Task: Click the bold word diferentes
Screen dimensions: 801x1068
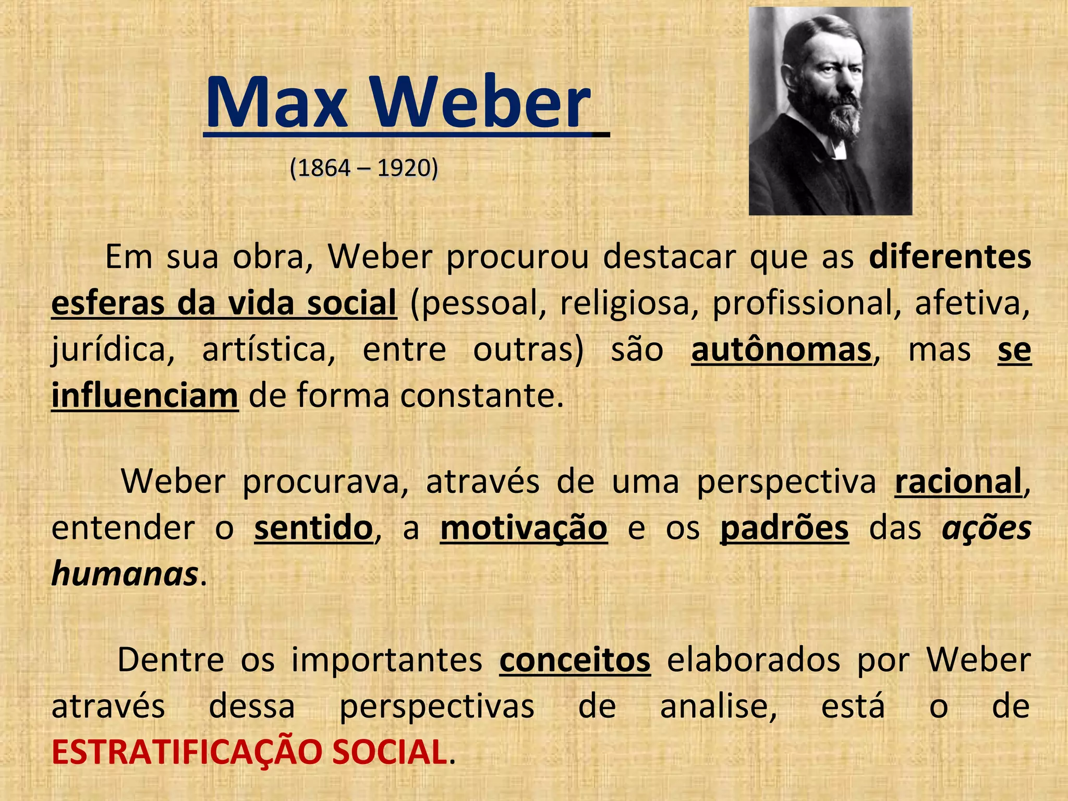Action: click(x=950, y=257)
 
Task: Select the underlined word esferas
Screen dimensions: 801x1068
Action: click(x=107, y=303)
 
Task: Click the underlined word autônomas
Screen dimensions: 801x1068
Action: click(x=781, y=349)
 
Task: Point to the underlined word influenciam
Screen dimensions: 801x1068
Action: click(x=144, y=395)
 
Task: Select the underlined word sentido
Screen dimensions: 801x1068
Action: click(x=313, y=528)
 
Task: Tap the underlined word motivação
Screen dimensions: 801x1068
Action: click(x=524, y=528)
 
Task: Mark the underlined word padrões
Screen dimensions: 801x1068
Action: click(x=784, y=528)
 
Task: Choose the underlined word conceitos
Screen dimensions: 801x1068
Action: click(x=575, y=660)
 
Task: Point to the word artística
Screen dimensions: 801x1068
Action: click(x=269, y=349)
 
